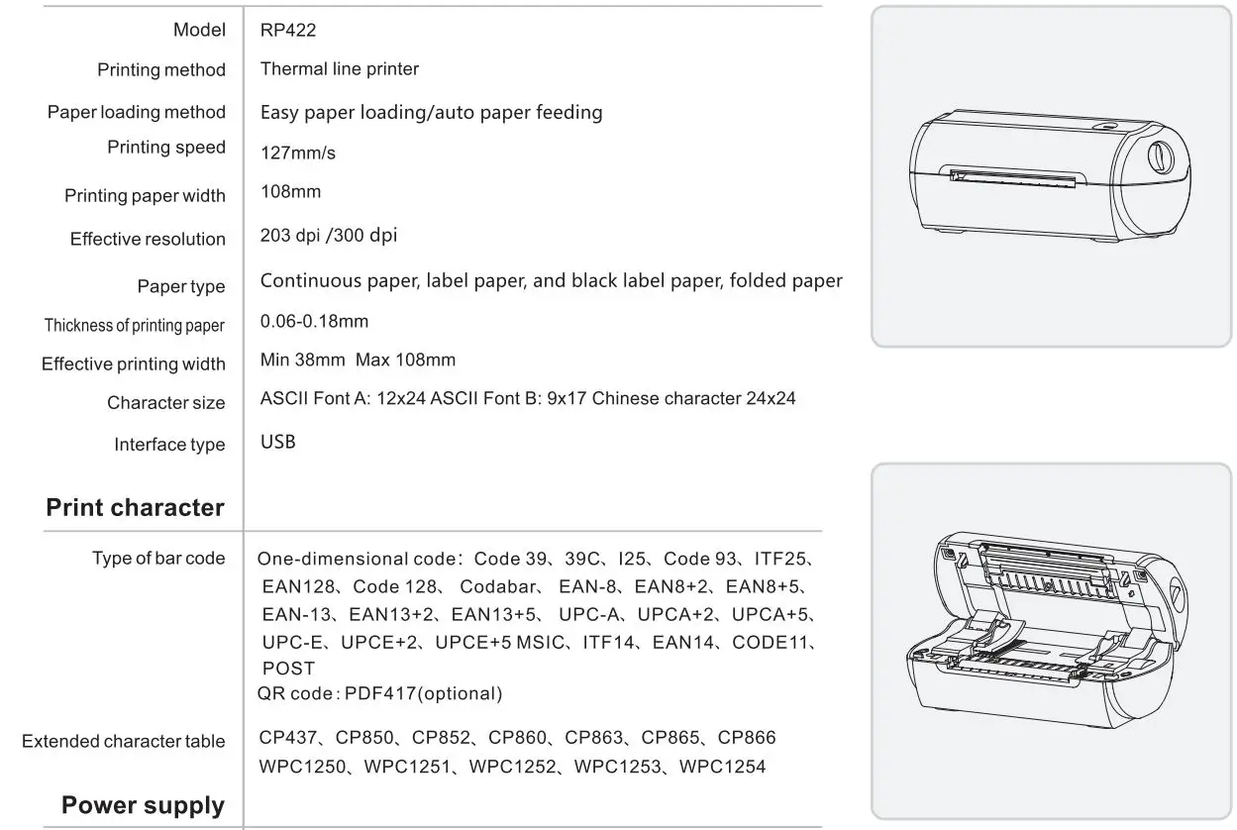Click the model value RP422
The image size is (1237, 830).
tap(288, 31)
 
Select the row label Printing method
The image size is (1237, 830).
tap(161, 70)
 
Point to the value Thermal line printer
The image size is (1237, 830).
tap(339, 69)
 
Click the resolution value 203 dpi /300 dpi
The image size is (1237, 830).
tap(329, 236)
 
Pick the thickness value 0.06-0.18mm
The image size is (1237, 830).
tap(314, 322)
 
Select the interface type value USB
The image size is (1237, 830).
tap(277, 443)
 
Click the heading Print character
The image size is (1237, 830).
tap(135, 508)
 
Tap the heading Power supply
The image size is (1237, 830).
tap(143, 805)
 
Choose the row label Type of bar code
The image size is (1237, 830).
tap(158, 559)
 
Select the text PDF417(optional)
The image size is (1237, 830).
tap(423, 694)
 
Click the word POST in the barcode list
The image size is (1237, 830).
tap(288, 670)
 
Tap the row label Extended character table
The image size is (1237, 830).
tap(124, 742)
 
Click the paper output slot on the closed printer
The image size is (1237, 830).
tap(1010, 178)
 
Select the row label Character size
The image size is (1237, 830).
tap(166, 403)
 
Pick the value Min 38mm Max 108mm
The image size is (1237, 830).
tap(358, 361)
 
